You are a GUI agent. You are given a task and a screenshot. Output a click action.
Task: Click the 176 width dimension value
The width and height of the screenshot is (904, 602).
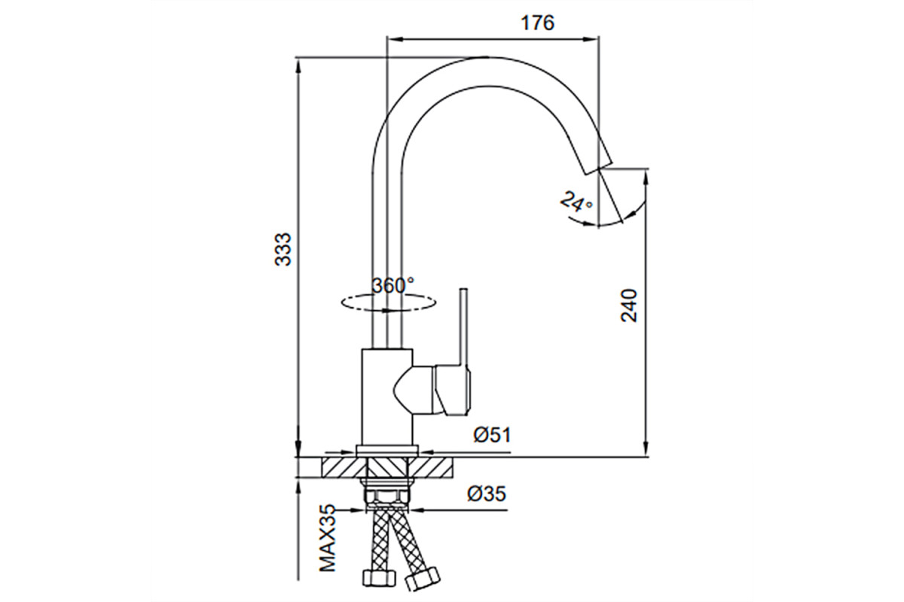[538, 23]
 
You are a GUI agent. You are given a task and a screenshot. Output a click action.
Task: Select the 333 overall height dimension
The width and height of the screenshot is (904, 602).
[282, 249]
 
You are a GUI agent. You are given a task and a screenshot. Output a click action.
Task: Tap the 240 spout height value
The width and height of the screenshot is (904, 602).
[628, 306]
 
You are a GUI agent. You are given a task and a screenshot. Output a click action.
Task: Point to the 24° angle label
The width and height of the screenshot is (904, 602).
[577, 202]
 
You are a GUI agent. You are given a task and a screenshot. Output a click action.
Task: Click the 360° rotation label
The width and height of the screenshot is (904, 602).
[393, 285]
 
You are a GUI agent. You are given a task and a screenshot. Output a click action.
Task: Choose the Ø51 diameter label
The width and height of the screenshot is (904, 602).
[492, 435]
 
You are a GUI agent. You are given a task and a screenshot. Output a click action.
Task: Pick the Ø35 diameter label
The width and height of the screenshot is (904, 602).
[487, 494]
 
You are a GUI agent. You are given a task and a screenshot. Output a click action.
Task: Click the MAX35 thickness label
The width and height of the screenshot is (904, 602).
[328, 538]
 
